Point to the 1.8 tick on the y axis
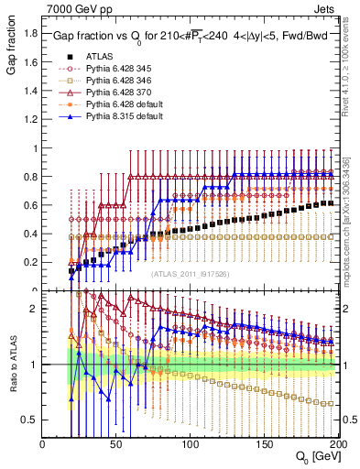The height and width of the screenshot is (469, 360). [31, 35]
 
